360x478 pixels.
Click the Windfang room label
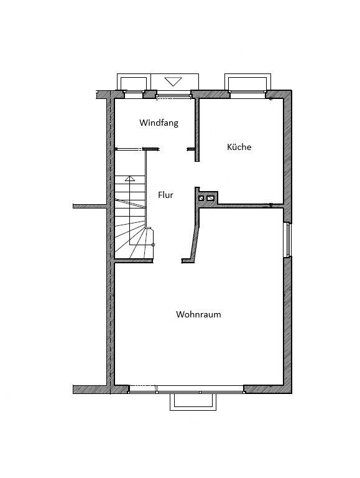point(159,123)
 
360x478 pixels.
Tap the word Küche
point(239,148)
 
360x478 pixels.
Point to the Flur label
point(165,195)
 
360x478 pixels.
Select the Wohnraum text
point(198,314)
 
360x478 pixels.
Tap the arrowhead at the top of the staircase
point(129,179)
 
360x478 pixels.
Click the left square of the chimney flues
point(201,199)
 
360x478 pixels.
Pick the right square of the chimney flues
point(210,199)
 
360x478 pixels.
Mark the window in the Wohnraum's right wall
point(287,240)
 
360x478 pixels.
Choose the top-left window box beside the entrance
point(134,83)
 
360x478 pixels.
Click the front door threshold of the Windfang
point(173,95)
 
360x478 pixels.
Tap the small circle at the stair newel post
point(154,245)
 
